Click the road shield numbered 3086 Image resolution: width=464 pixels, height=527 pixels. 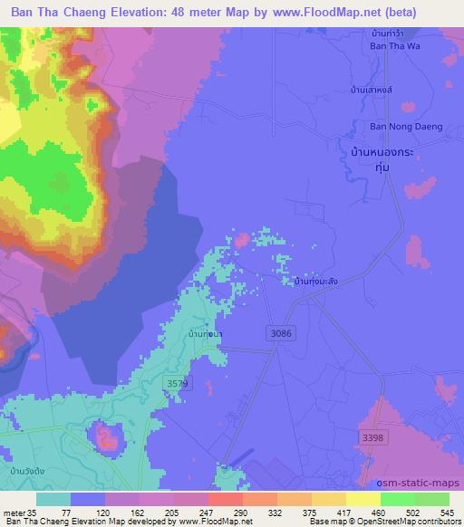pos(281,334)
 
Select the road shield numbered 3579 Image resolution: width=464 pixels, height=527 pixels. pos(179,385)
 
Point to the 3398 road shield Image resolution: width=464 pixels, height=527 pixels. pos(370,437)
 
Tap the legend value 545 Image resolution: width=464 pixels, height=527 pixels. pos(441,512)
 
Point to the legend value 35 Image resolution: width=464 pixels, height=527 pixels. pos(34,512)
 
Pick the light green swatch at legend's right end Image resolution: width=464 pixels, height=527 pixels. pos(433,499)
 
